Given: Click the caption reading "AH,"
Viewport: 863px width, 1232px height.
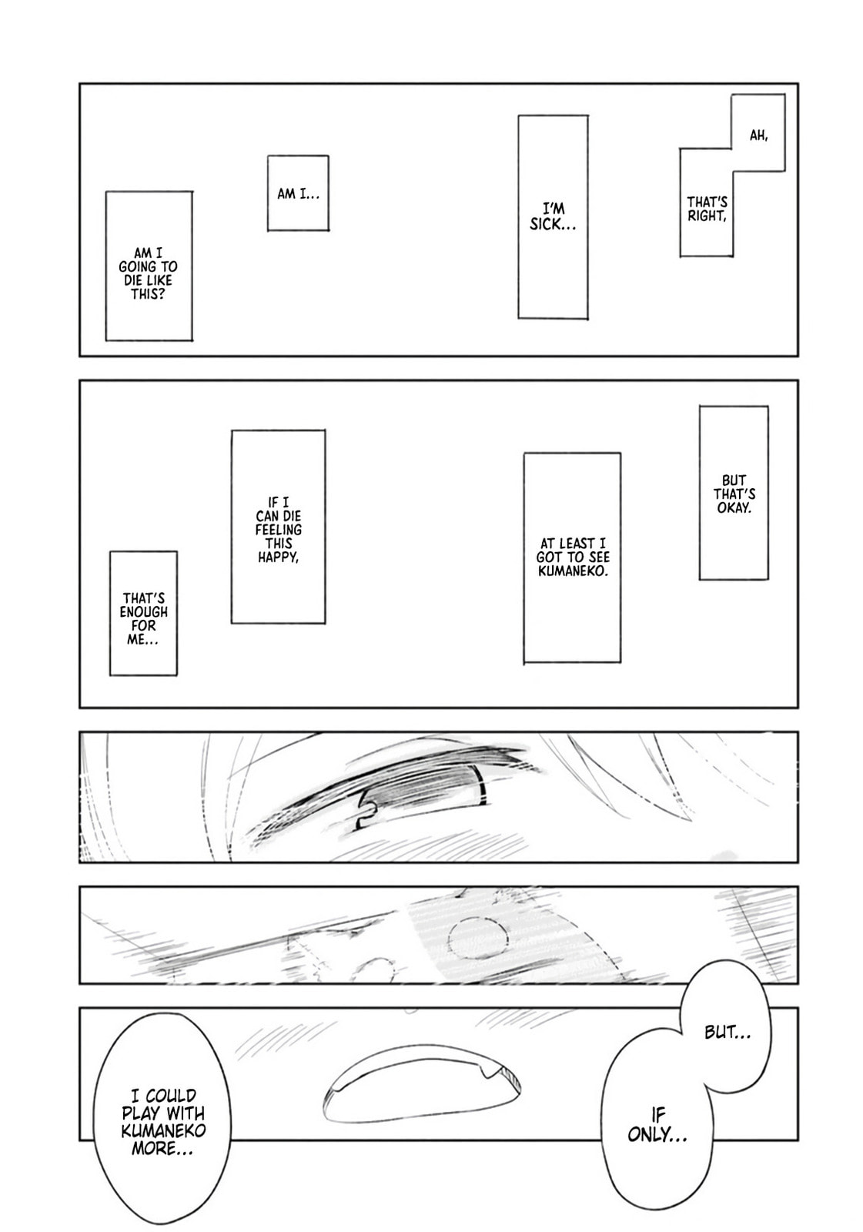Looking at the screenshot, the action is (x=758, y=136).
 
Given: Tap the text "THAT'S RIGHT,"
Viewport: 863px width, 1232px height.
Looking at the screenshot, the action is (x=707, y=209).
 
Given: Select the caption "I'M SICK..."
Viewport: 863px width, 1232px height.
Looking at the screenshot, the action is (x=554, y=216).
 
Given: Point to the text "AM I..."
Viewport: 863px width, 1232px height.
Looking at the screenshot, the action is (x=298, y=194).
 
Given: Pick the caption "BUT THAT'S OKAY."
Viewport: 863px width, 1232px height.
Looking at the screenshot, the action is (x=734, y=494).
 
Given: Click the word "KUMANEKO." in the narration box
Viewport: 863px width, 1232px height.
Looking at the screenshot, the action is (x=573, y=571).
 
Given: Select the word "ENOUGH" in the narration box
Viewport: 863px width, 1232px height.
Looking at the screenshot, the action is (x=144, y=611).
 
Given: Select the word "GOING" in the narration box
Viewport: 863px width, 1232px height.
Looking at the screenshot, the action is (x=138, y=266).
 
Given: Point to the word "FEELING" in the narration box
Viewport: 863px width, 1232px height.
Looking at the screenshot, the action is (x=279, y=530).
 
